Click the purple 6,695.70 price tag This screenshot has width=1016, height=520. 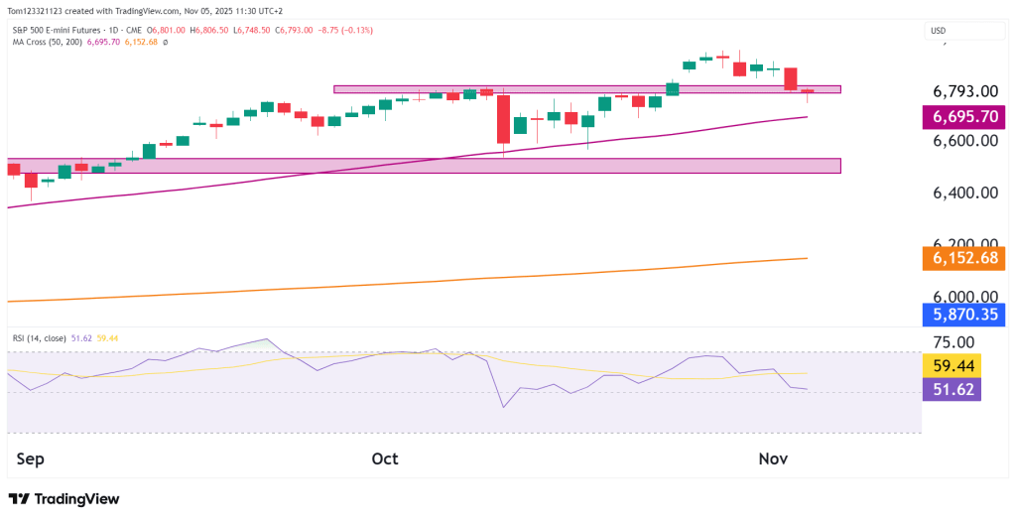point(965,117)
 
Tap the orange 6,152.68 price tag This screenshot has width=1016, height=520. point(965,258)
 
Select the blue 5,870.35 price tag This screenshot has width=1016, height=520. point(965,316)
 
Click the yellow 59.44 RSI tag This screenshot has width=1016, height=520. point(952,366)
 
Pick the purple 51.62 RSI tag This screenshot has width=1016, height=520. point(952,389)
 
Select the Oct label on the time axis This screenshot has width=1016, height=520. point(385,458)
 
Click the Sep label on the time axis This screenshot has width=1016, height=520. point(33,458)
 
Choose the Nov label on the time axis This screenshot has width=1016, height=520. point(773,458)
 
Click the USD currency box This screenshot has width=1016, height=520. point(938,31)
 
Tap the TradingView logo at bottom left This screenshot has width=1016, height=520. point(63,499)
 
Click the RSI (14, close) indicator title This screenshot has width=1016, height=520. point(40,338)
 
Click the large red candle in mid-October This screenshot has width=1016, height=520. point(503,118)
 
